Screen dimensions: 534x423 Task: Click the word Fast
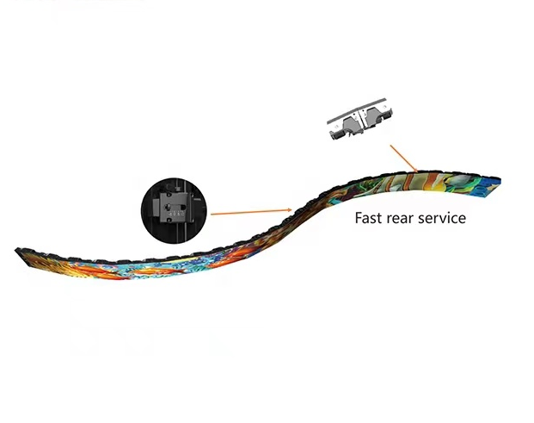tap(368, 218)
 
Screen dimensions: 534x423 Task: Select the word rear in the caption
tap(398, 219)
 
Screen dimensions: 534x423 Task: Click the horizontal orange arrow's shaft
tap(249, 212)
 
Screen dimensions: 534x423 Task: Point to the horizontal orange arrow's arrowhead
tap(290, 210)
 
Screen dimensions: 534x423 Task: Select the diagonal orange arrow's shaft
tap(403, 158)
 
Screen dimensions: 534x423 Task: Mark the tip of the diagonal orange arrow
tap(418, 172)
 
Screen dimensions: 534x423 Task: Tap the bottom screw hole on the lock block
tap(169, 220)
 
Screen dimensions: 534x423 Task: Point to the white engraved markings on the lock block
tap(177, 214)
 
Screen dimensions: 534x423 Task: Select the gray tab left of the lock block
tap(156, 208)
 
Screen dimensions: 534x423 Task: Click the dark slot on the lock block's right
tap(183, 207)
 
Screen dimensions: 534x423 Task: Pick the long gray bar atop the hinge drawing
tap(357, 110)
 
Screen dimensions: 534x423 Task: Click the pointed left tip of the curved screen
tap(16, 251)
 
